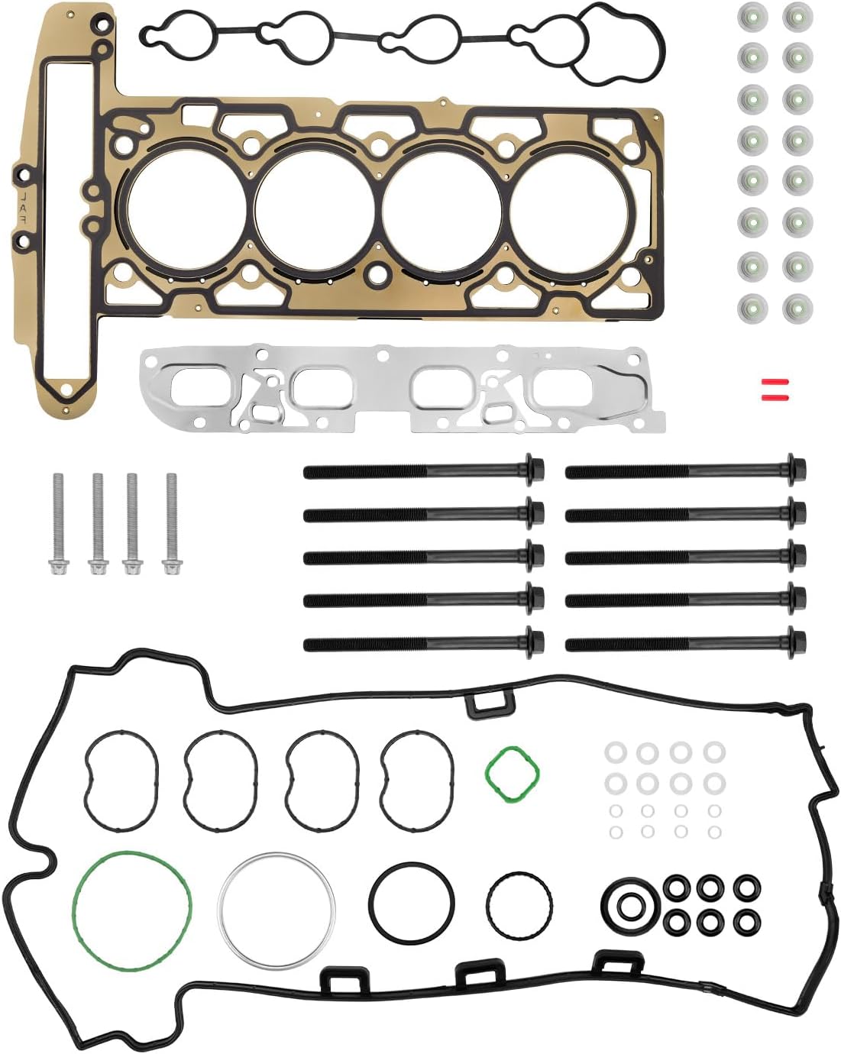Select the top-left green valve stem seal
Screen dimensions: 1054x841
coord(752,17)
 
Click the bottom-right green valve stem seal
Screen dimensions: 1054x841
coord(797,306)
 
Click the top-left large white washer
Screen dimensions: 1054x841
coord(615,752)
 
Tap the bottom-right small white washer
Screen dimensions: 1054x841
coord(714,831)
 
